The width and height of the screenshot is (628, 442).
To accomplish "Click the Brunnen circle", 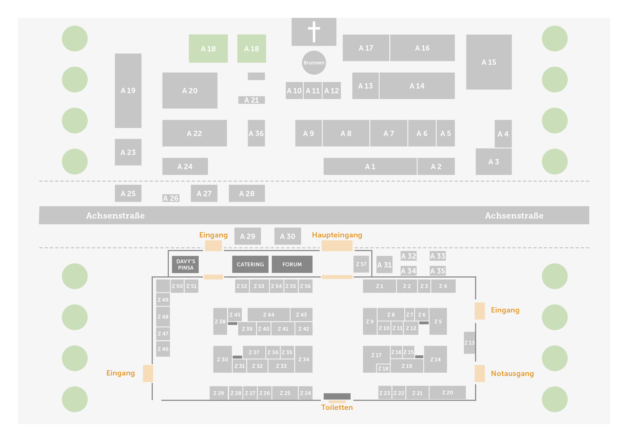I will [314, 62].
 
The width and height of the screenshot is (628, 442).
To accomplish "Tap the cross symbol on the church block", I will [314, 31].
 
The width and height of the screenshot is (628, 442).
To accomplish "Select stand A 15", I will [489, 62].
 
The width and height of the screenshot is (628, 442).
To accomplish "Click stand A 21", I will [251, 100].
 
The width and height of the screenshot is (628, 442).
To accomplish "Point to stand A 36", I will [256, 133].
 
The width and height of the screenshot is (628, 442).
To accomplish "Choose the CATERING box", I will [250, 264].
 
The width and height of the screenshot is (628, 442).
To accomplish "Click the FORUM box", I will [292, 264].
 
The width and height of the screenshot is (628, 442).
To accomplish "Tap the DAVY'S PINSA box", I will [185, 264].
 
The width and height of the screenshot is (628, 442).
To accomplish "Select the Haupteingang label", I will [337, 235].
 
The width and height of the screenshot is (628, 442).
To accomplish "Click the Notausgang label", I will [512, 373].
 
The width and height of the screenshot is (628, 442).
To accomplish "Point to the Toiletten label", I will [337, 407].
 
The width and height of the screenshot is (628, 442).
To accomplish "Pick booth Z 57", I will [361, 264].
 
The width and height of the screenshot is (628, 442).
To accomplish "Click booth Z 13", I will [469, 343].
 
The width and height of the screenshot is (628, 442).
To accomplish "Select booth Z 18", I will [383, 368].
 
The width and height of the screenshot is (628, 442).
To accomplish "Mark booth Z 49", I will [163, 300].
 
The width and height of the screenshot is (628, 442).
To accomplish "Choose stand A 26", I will [171, 198].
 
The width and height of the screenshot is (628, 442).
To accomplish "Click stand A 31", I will [384, 265].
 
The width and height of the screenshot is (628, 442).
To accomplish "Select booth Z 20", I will [447, 392].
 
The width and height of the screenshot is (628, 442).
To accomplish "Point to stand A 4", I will [503, 134].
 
